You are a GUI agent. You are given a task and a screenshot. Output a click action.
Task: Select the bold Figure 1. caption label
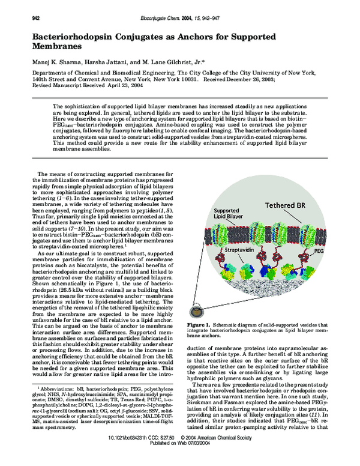(x=199, y=324)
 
